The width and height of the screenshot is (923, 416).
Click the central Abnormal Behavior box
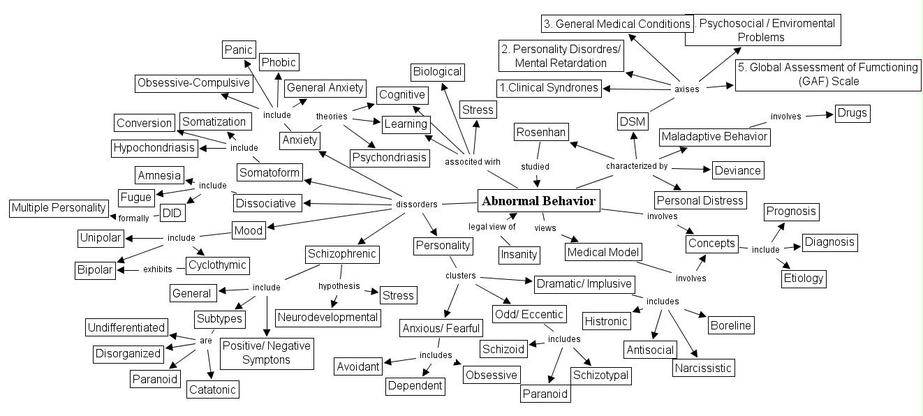(x=539, y=202)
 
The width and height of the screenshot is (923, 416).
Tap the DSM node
(x=633, y=122)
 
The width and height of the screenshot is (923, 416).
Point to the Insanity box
(x=519, y=255)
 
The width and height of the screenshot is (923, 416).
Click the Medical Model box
(x=603, y=252)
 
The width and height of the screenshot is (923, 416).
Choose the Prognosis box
(x=791, y=211)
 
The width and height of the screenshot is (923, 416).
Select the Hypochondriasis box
(x=154, y=148)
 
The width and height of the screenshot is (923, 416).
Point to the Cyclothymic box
(x=217, y=266)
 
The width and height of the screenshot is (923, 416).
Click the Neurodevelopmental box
(x=327, y=317)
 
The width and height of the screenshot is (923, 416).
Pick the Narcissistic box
(x=703, y=367)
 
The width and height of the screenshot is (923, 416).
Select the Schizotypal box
(x=601, y=375)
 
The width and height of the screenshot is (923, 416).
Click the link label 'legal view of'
(x=492, y=226)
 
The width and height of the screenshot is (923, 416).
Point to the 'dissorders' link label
(x=416, y=205)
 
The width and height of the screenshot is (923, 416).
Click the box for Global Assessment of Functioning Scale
(x=806, y=74)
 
